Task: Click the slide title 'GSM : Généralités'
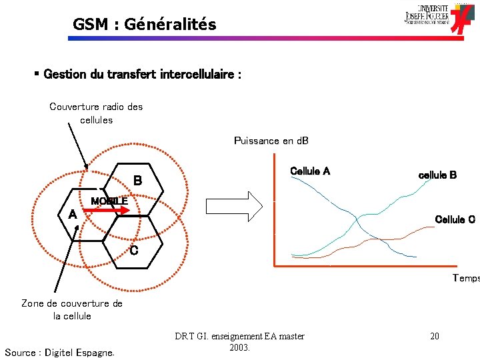pyautogui.click(x=145, y=25)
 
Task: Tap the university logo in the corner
pyautogui.click(x=441, y=17)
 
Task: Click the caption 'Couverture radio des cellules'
pyautogui.click(x=96, y=113)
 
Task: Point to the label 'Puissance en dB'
pyautogui.click(x=271, y=141)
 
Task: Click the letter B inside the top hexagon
pyautogui.click(x=137, y=180)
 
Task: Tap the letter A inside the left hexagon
pyautogui.click(x=72, y=215)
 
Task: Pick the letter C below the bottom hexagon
pyautogui.click(x=134, y=251)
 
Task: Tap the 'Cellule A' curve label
pyautogui.click(x=310, y=171)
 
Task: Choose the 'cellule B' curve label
pyautogui.click(x=437, y=175)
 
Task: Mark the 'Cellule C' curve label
pyautogui.click(x=455, y=219)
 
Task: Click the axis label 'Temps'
pyautogui.click(x=465, y=278)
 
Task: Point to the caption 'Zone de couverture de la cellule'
pyautogui.click(x=72, y=309)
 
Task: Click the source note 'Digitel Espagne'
pyautogui.click(x=59, y=352)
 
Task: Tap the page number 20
pyautogui.click(x=434, y=337)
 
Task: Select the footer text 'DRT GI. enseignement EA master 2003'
pyautogui.click(x=239, y=341)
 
